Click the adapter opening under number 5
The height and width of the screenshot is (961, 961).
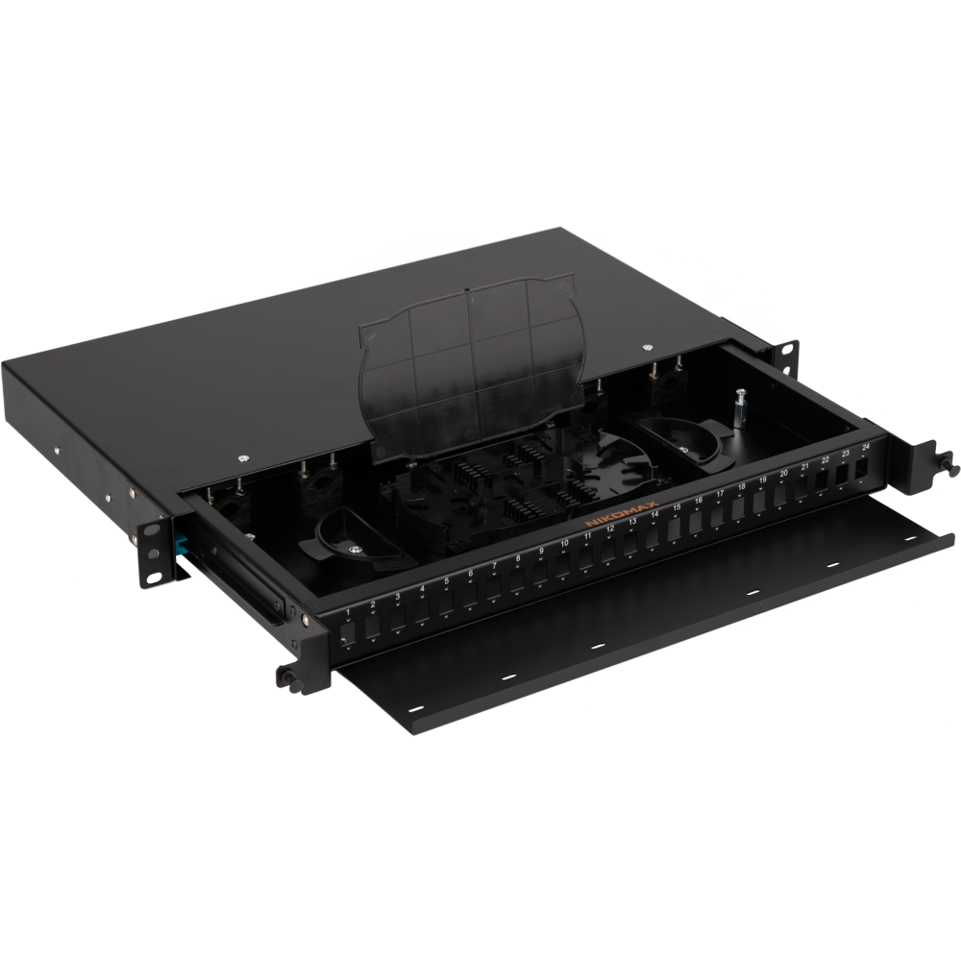(x=447, y=605)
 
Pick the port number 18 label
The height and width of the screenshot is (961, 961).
(x=740, y=488)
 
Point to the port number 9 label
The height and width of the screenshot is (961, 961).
(x=540, y=551)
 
